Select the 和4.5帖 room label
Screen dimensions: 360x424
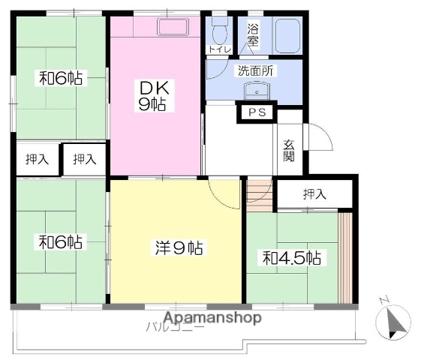tap(292, 258)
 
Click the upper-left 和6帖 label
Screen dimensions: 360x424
tap(61, 77)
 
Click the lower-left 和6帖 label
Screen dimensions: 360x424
tap(61, 241)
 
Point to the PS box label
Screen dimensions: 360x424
tap(257, 113)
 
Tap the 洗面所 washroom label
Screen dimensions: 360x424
tap(255, 72)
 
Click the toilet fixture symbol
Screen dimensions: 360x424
tap(219, 33)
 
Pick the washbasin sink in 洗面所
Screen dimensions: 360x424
tap(257, 92)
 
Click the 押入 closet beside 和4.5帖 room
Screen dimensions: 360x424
tap(314, 193)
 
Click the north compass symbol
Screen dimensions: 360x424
tap(395, 322)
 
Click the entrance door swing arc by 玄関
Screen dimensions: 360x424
tap(318, 139)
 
